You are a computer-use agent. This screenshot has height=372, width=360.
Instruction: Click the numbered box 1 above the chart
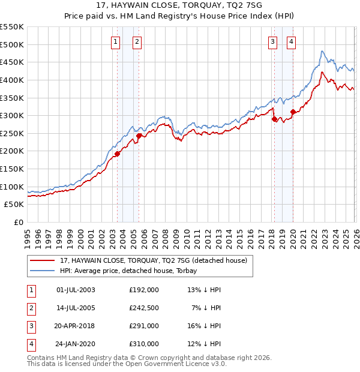tap(114, 41)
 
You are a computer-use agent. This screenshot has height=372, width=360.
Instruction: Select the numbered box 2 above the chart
tap(137, 41)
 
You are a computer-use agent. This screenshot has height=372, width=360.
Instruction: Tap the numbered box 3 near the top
tap(272, 41)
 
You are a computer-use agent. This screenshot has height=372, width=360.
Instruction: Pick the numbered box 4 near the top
tap(291, 41)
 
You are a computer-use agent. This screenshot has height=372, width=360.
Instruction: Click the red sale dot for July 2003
tap(118, 154)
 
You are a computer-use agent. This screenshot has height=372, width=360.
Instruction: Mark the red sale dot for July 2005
tap(139, 136)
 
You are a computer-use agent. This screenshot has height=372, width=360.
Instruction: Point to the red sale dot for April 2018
tap(274, 119)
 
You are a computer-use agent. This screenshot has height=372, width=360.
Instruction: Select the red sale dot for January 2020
tap(293, 112)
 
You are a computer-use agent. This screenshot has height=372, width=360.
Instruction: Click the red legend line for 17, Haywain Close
tap(43, 260)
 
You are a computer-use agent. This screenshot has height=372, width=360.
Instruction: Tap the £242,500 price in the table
tap(144, 308)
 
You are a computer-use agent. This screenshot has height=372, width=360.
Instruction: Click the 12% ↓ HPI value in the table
tap(204, 344)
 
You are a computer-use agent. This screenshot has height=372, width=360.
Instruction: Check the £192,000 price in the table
tap(144, 290)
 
